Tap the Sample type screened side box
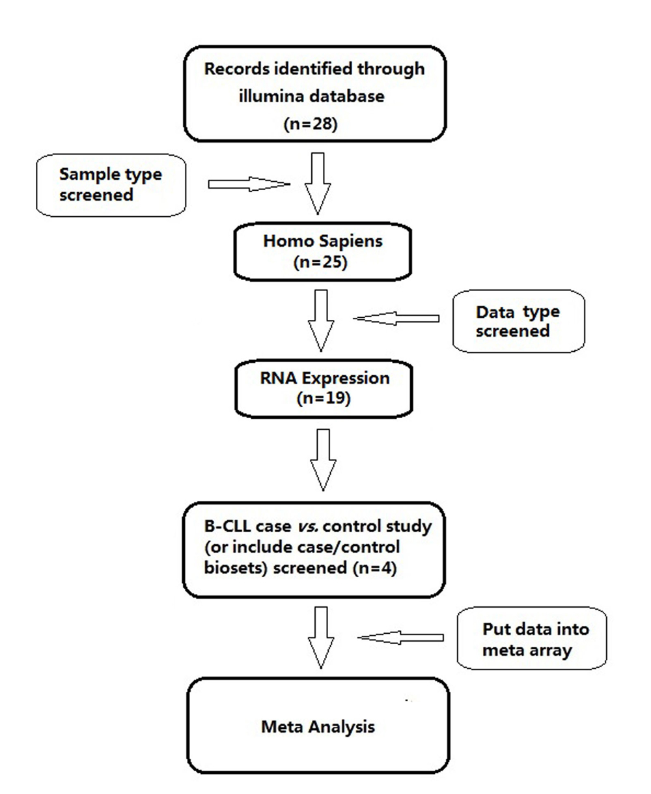(x=111, y=185)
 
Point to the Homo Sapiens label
(x=314, y=240)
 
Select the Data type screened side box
(x=518, y=320)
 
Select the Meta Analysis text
(x=318, y=726)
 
